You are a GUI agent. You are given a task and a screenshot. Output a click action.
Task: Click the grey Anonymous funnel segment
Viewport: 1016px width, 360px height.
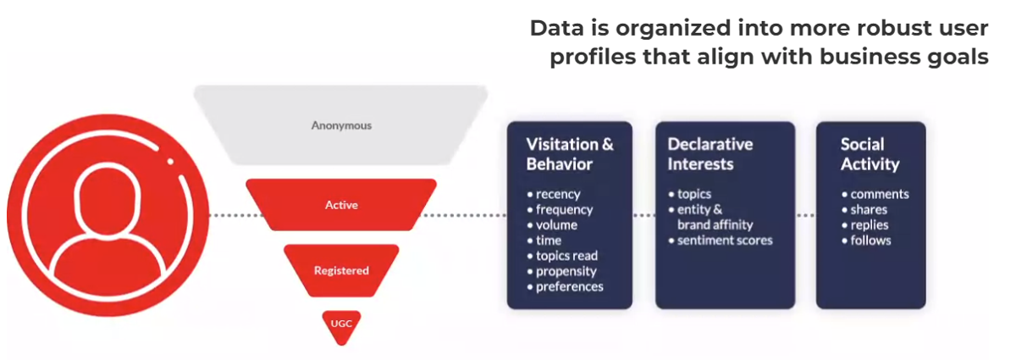pos(340,125)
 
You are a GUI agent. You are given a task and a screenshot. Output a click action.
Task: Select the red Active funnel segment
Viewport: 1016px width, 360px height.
pos(341,205)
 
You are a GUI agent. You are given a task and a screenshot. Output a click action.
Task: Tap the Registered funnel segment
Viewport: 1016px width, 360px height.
pos(341,270)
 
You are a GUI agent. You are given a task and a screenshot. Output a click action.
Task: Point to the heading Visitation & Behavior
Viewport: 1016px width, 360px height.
pos(570,154)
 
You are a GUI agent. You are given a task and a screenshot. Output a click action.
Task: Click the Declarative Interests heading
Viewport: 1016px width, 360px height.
pos(710,154)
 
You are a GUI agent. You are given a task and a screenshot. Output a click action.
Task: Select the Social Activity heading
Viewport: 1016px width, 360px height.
pos(870,154)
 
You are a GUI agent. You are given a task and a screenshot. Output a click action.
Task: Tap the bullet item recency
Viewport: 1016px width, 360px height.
pos(554,194)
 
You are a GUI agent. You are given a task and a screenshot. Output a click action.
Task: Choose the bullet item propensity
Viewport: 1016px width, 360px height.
pos(561,271)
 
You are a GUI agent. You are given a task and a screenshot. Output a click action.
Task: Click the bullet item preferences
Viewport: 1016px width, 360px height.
pos(566,287)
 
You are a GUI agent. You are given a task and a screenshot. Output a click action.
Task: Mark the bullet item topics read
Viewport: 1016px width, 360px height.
pos(562,256)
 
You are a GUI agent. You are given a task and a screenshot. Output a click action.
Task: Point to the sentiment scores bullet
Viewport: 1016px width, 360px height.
pos(721,241)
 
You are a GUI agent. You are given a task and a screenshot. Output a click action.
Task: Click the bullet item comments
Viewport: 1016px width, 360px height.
pos(875,194)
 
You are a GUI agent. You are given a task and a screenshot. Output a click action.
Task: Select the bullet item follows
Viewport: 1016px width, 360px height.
pos(866,241)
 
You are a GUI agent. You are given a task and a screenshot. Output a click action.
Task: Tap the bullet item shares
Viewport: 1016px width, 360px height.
pos(864,210)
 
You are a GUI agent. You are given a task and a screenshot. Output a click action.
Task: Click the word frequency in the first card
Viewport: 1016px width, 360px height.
pos(564,210)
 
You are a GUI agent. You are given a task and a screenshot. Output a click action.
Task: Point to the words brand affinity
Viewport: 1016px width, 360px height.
pos(715,224)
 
